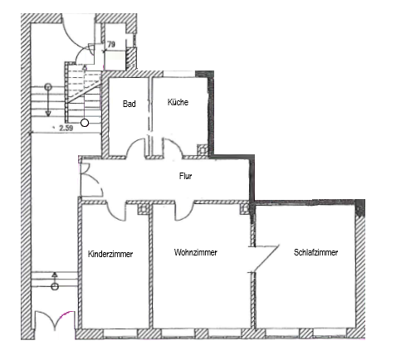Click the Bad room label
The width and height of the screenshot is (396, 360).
click(130, 104)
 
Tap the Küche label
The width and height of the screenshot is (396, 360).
click(178, 102)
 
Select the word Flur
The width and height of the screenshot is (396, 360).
click(185, 176)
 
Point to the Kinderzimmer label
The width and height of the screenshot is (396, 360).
click(110, 254)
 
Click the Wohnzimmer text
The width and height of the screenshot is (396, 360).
click(196, 252)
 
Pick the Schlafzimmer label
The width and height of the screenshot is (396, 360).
click(315, 252)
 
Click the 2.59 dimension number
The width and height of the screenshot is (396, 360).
click(66, 128)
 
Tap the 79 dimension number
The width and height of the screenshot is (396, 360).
click(111, 44)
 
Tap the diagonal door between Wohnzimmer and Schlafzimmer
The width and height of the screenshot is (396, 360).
click(266, 258)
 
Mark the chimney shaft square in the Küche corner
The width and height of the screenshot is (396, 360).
click(203, 150)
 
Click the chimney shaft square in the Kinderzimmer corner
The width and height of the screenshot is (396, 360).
click(144, 209)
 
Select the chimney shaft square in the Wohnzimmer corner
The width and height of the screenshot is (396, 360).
click(245, 209)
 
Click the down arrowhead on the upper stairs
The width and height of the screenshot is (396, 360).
click(48, 113)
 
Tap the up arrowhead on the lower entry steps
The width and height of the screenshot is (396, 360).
click(55, 275)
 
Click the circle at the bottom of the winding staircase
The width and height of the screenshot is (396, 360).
click(85, 123)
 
